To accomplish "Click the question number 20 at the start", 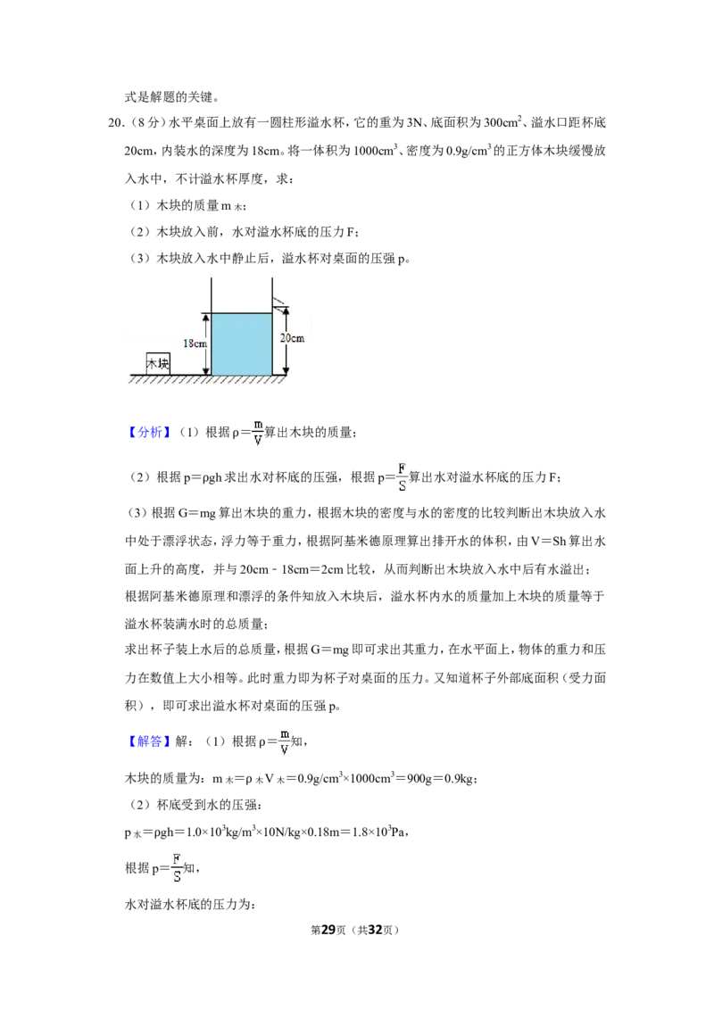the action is click(x=115, y=122).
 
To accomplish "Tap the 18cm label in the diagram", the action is click(x=195, y=344).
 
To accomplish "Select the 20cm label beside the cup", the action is click(x=292, y=337).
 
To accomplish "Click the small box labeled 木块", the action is click(x=158, y=363).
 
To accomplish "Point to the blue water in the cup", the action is click(x=242, y=344).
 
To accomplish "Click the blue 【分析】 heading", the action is click(x=150, y=432).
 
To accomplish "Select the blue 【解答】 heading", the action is click(x=150, y=741).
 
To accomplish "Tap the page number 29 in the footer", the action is click(x=328, y=930).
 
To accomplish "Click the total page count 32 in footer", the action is click(x=375, y=930).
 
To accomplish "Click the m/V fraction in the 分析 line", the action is click(x=258, y=432).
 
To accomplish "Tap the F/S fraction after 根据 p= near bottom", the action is click(x=177, y=867).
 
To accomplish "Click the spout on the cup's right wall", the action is click(x=279, y=302).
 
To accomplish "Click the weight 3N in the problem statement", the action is click(x=414, y=122).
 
